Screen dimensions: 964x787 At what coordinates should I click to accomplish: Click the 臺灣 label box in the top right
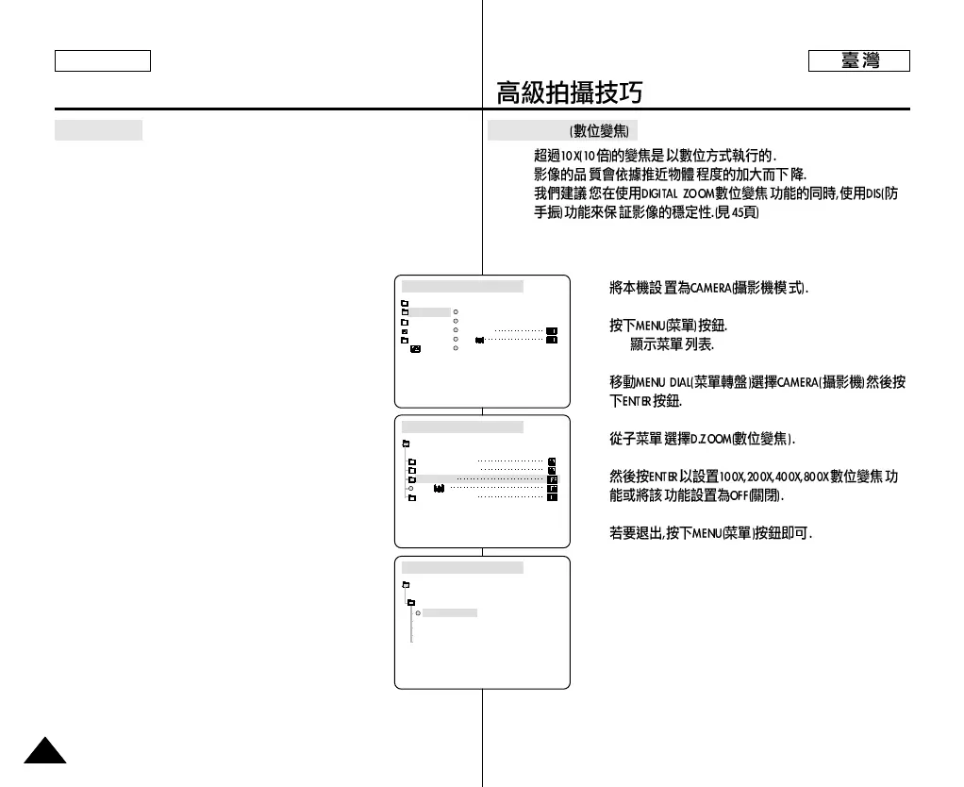pos(858,61)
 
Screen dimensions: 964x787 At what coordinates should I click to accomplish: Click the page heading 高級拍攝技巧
pos(570,92)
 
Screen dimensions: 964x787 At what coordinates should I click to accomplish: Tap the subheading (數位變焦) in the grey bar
pos(600,130)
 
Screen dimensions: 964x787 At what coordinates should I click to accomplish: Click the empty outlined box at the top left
pos(103,60)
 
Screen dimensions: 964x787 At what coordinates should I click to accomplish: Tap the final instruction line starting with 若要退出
pos(711,533)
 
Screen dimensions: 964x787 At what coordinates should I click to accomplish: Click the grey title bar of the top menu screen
pos(462,286)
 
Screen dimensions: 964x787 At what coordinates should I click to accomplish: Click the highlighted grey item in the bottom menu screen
pos(450,612)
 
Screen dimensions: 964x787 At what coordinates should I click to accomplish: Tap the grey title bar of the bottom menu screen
pos(462,567)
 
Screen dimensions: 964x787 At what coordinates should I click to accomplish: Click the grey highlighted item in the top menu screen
pos(430,311)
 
